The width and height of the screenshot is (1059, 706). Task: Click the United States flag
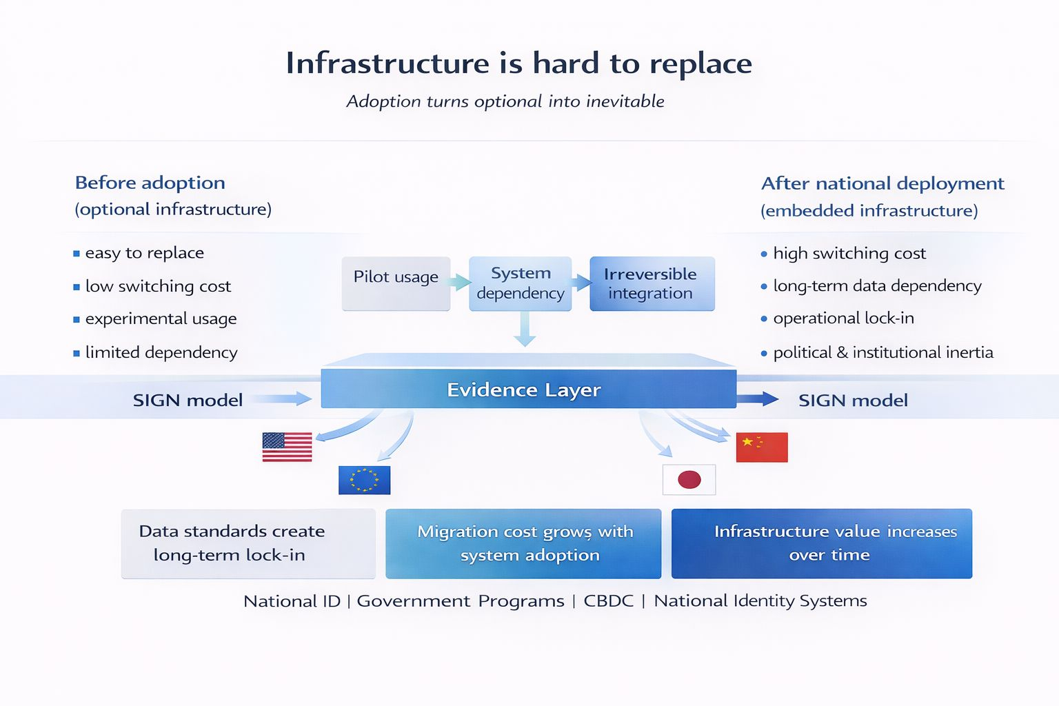(287, 447)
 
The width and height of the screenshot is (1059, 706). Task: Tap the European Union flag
(364, 480)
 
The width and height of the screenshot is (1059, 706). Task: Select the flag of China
(761, 447)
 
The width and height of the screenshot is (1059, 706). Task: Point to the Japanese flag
(689, 480)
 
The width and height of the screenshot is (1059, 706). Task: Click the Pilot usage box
(396, 283)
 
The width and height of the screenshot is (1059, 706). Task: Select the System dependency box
(521, 283)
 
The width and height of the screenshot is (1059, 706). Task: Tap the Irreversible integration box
(652, 283)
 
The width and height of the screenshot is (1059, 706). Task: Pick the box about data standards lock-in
(248, 543)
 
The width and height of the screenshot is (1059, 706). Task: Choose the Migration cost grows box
(523, 543)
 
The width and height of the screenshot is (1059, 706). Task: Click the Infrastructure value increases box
(821, 543)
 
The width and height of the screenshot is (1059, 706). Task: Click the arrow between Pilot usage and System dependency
(460, 281)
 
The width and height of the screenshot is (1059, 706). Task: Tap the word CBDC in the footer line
(608, 601)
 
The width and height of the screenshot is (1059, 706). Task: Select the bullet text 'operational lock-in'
(843, 319)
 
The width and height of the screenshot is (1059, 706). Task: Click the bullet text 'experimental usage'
(161, 319)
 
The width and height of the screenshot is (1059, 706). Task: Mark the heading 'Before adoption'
(150, 183)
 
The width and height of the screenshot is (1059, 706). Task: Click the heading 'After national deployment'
(882, 183)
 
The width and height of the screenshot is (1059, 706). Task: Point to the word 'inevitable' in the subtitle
(625, 101)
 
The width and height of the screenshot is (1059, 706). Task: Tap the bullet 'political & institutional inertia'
(882, 353)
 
